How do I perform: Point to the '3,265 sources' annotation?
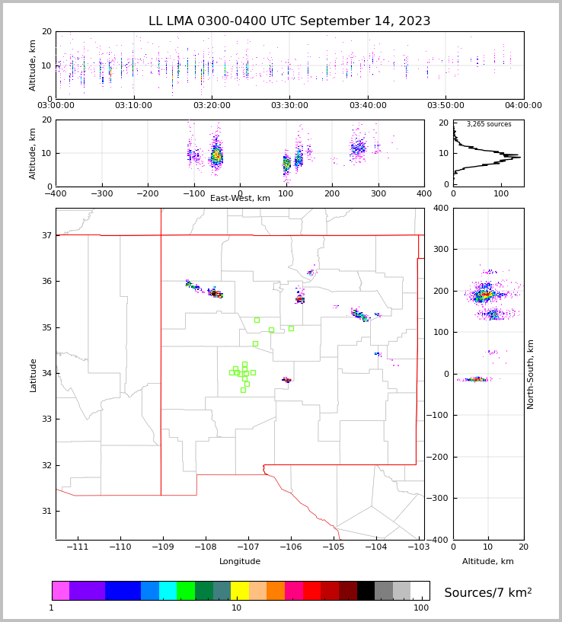[489, 124]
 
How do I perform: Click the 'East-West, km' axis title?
[240, 199]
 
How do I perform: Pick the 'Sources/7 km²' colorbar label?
[488, 592]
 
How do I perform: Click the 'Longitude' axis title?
[240, 562]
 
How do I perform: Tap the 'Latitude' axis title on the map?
[33, 375]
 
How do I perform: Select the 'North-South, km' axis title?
[531, 375]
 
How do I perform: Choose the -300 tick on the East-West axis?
[102, 194]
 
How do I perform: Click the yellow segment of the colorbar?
[240, 591]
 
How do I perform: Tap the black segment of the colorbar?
[366, 591]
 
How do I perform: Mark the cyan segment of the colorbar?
[168, 591]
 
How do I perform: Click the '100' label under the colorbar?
[421, 608]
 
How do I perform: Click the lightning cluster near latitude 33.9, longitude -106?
[286, 380]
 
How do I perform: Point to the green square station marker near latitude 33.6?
[243, 390]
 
